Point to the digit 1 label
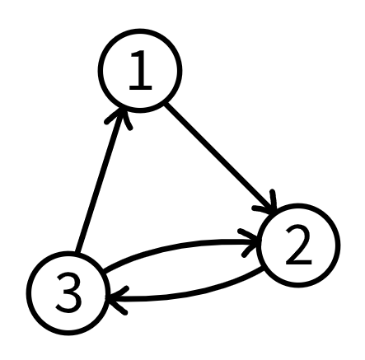[140, 71]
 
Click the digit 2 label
[298, 245]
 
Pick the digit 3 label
[68, 292]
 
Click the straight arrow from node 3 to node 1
[100, 180]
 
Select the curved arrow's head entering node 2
[250, 241]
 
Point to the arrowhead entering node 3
[117, 299]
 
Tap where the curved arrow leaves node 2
[263, 269]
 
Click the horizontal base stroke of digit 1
[140, 88]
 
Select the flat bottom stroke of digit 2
[299, 263]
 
